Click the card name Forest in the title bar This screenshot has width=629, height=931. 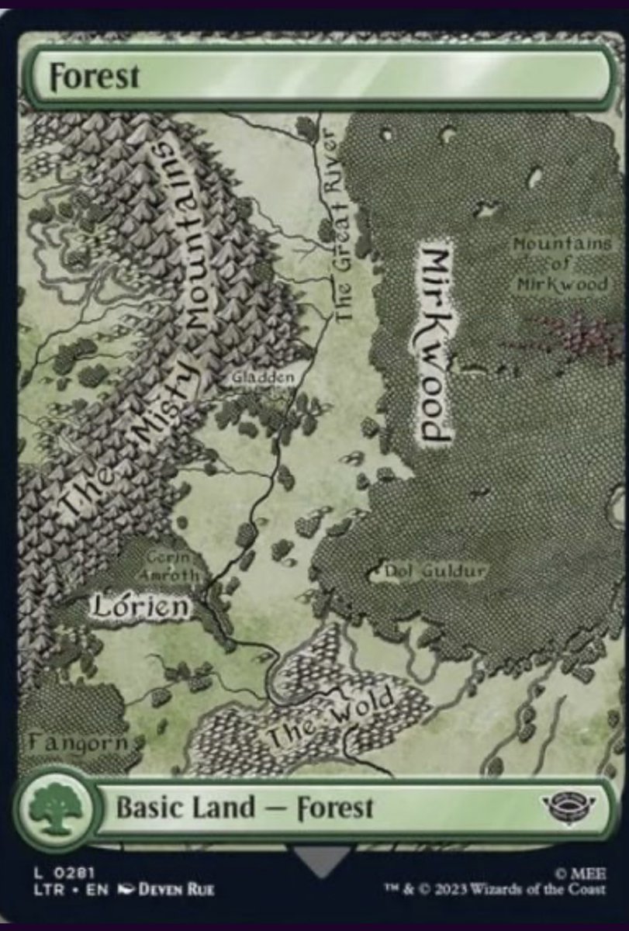tap(95, 77)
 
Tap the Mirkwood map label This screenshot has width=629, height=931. tap(436, 344)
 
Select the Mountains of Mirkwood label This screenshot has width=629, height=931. tap(562, 264)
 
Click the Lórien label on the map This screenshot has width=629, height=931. tap(140, 606)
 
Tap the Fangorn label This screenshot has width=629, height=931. tap(78, 742)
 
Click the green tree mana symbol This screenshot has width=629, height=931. tap(55, 807)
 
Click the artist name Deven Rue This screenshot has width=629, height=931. tap(175, 889)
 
